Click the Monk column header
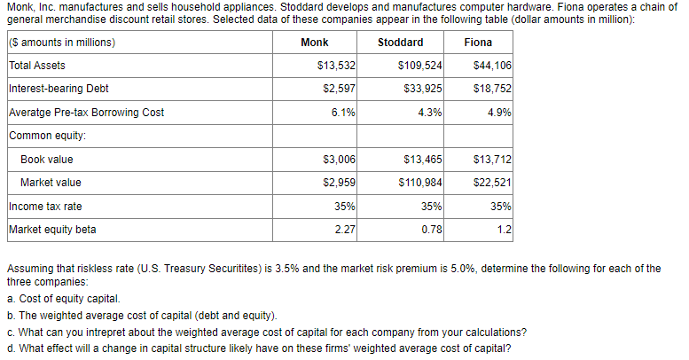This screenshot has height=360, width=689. (x=315, y=43)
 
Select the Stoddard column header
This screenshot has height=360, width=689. (x=400, y=43)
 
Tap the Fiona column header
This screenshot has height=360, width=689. (x=478, y=43)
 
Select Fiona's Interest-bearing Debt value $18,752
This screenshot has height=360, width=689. (x=495, y=89)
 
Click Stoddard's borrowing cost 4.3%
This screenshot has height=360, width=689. (x=430, y=113)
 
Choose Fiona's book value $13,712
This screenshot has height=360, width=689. (x=495, y=160)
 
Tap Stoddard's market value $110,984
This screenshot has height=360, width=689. (x=421, y=183)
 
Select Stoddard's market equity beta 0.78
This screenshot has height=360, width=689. (x=432, y=231)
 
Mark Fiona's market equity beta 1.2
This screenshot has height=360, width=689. (x=505, y=231)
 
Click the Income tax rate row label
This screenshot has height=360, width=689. (x=45, y=207)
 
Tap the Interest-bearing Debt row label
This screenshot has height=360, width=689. (x=59, y=89)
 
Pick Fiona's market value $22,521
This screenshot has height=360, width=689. (x=495, y=183)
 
